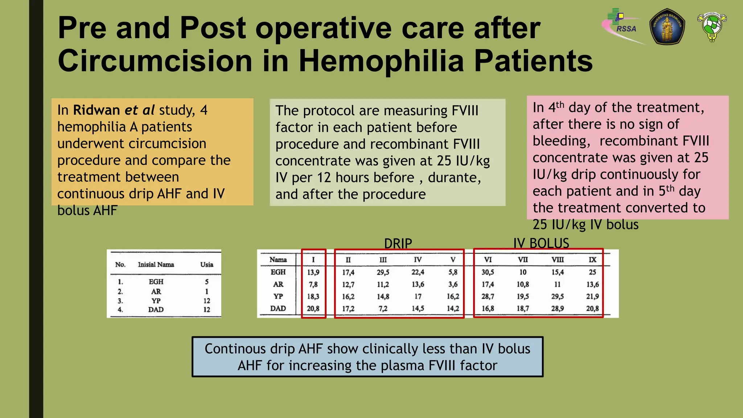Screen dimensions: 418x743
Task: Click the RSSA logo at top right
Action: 622,25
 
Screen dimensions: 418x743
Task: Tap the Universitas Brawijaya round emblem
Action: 667,27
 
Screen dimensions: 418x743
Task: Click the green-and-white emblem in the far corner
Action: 712,26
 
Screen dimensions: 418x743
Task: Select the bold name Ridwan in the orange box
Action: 97,110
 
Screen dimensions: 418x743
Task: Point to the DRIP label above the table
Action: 398,243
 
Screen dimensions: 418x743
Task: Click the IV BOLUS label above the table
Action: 541,243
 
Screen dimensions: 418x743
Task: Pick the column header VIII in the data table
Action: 558,260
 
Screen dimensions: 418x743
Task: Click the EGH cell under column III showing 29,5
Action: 383,272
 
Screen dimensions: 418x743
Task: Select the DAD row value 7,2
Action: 383,309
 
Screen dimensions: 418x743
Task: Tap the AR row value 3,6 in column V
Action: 453,284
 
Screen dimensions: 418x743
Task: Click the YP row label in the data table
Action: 278,296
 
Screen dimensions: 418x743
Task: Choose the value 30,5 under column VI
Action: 488,272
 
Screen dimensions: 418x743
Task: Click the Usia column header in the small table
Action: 207,265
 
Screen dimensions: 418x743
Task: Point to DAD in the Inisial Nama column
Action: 156,310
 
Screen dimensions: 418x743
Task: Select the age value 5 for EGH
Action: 207,282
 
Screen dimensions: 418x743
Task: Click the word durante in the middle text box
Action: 454,178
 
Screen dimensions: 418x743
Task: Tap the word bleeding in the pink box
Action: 561,141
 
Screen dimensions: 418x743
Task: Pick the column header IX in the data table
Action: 592,260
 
